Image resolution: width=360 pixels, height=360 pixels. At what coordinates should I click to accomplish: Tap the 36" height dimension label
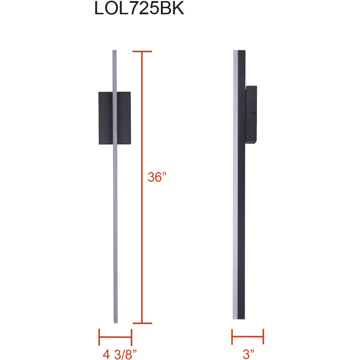coord(157,177)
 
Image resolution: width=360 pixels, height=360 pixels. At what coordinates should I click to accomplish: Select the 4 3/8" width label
coord(120,354)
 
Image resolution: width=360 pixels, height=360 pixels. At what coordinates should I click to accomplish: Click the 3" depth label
coord(249,354)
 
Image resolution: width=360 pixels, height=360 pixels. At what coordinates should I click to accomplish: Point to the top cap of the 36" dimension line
coord(142,51)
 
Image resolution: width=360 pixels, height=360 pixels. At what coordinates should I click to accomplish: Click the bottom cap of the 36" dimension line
coord(142,323)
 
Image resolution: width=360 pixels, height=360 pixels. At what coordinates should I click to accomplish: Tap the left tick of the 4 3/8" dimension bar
coord(99,337)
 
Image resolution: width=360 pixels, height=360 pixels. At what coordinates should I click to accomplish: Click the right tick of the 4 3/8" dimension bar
coord(131,337)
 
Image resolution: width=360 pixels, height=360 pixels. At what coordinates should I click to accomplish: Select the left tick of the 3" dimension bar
coord(232,337)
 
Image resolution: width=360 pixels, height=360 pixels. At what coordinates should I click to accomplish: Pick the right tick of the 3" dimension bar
coord(263,336)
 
